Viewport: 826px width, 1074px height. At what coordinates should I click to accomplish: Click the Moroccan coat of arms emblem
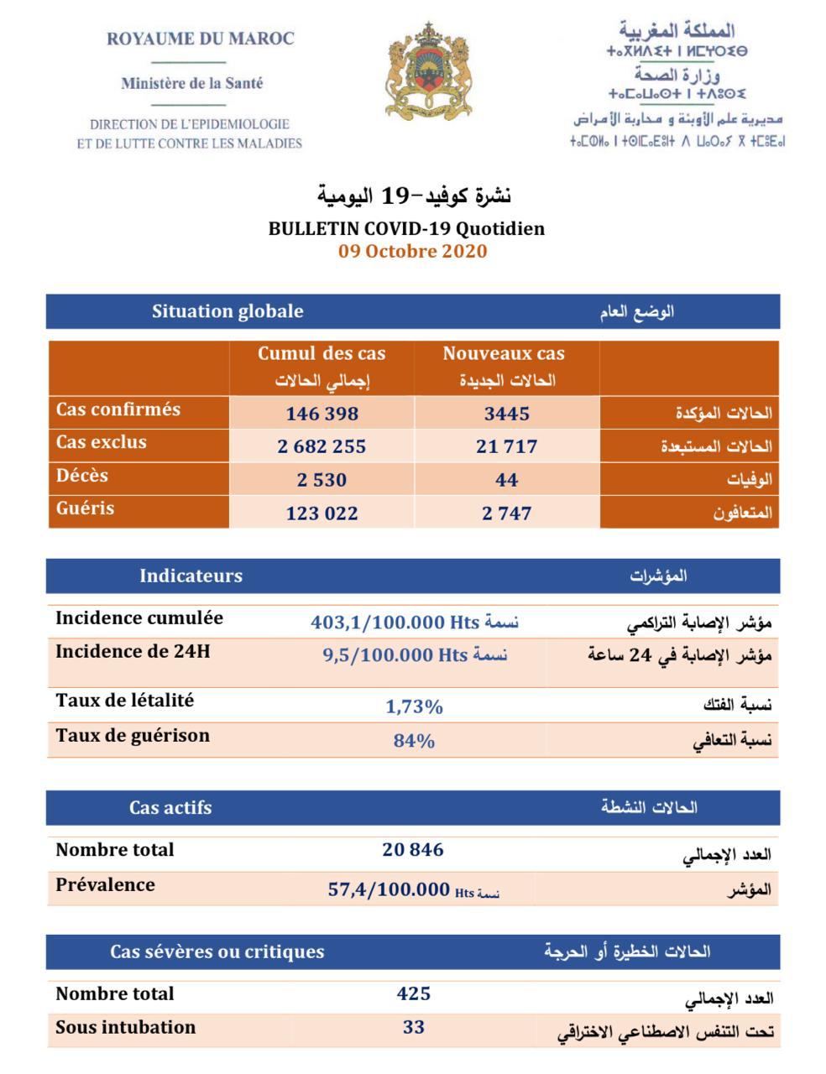(427, 71)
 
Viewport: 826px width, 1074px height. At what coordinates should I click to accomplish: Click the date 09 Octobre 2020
(412, 251)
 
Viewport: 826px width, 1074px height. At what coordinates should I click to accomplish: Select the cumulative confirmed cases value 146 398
(322, 414)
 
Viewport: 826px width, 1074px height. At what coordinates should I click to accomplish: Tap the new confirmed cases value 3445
(506, 414)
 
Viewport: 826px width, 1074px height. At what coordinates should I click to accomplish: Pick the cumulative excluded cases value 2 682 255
(322, 446)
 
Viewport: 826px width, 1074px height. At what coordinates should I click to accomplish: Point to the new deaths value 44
(506, 480)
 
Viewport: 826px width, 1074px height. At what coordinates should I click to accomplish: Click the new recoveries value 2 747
(506, 513)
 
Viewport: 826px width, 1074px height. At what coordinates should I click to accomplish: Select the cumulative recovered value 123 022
(322, 513)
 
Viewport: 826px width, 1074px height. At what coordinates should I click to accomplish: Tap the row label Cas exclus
(101, 442)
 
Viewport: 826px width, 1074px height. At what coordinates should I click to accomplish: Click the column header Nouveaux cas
(504, 354)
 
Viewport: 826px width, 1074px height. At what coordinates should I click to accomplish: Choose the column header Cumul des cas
(322, 354)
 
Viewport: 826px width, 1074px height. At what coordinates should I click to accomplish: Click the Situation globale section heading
(227, 311)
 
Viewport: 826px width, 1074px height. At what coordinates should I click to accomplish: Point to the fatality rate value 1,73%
(414, 706)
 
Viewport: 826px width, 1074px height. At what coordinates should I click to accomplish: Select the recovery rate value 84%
(414, 741)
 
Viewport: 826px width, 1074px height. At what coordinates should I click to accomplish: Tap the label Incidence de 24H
(133, 651)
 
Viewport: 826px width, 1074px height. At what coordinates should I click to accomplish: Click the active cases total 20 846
(412, 850)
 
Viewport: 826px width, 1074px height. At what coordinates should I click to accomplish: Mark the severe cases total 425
(413, 994)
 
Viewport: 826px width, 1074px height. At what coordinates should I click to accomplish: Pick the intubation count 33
(413, 1027)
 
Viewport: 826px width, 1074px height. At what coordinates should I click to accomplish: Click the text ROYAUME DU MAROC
(201, 39)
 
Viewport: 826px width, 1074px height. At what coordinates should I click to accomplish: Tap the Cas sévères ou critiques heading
(217, 951)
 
